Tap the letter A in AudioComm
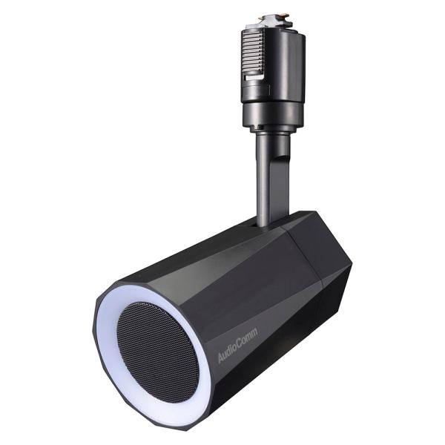(x=220, y=360)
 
